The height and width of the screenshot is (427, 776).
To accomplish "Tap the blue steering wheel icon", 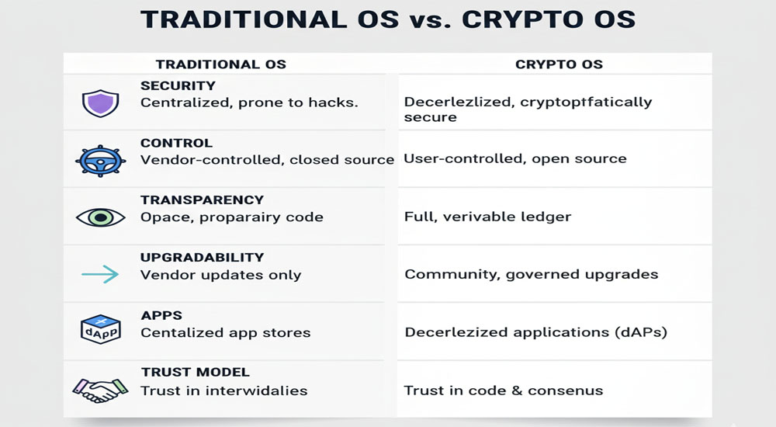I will coord(99,159).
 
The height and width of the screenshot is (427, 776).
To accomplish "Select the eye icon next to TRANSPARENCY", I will coord(100,217).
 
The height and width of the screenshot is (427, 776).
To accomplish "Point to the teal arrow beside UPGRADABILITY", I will coord(99,273).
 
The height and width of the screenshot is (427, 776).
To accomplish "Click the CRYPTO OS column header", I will coord(559,64).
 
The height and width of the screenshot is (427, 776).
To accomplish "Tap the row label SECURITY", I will coord(178,86).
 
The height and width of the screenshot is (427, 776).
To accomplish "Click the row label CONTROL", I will coord(176,143).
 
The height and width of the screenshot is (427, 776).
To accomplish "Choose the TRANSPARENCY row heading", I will coord(202,200).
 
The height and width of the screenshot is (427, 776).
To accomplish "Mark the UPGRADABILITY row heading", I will coord(202,257).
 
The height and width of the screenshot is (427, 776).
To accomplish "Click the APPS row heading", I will coord(161,315).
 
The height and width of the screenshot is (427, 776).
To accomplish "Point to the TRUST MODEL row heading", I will coord(195,372).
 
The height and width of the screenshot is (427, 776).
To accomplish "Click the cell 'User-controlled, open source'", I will coord(515,159).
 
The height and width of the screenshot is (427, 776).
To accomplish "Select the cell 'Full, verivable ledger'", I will coord(487,217).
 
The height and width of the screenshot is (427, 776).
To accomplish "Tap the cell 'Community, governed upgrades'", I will coord(532,274).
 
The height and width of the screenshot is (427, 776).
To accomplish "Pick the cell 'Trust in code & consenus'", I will coord(504,391).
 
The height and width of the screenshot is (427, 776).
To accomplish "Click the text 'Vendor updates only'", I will coord(220,275).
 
